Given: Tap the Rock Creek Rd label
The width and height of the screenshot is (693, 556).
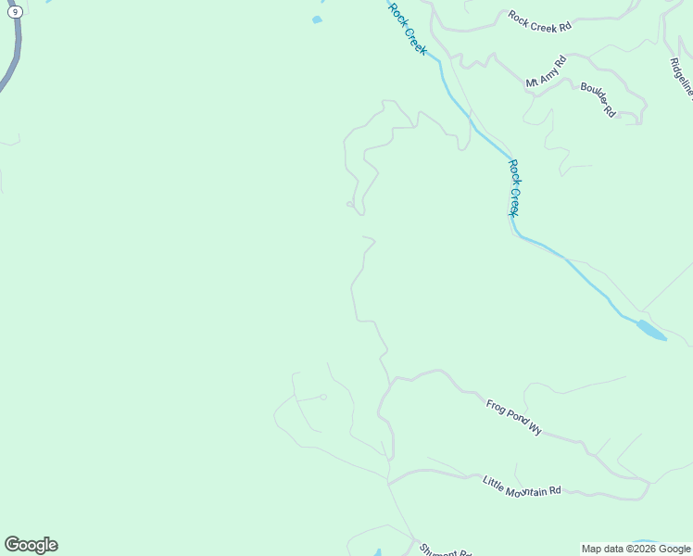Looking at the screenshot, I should [x=540, y=21].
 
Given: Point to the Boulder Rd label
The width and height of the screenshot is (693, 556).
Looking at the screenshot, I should [x=598, y=99].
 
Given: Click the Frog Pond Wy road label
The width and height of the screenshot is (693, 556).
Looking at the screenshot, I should [x=513, y=417].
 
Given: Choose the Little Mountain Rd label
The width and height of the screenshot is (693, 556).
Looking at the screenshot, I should [x=522, y=486].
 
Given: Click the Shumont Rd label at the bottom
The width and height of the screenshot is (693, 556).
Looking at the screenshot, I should [x=446, y=549].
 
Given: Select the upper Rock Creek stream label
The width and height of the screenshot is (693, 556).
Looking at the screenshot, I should [x=408, y=28].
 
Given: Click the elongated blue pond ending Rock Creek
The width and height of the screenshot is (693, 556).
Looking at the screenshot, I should [x=651, y=330].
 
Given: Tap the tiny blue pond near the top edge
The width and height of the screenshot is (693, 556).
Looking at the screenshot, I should [x=317, y=19].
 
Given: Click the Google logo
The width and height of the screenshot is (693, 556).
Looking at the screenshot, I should [x=31, y=545].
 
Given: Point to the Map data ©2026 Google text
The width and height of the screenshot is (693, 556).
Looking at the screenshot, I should [x=636, y=549].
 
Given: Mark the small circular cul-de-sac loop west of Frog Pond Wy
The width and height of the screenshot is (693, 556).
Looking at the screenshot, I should [x=323, y=397].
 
